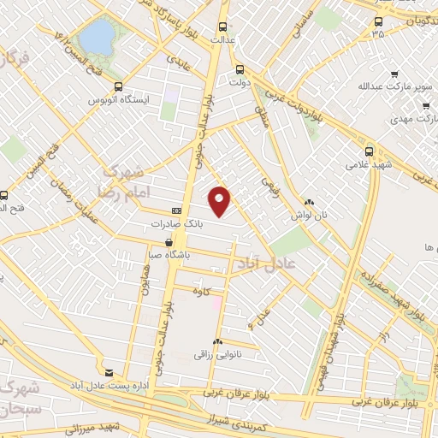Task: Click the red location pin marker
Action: click(221, 200)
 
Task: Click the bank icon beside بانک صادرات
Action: click(177, 210)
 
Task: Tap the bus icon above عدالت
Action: click(223, 27)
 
